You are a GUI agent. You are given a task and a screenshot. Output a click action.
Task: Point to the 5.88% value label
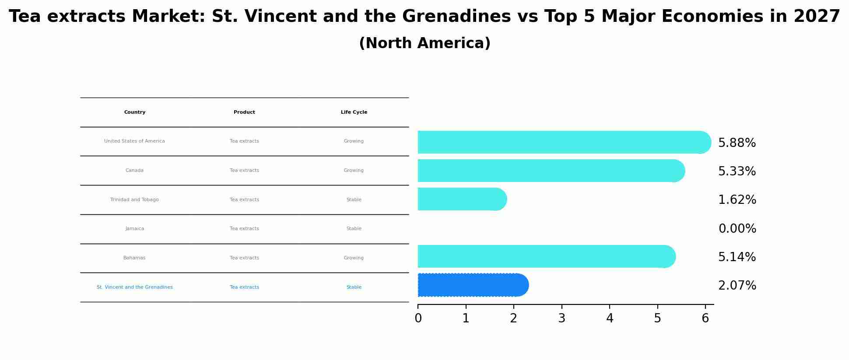(x=737, y=143)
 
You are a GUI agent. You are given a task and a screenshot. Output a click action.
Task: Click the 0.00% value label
(x=737, y=229)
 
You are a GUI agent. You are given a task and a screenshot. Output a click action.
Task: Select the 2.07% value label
(x=737, y=286)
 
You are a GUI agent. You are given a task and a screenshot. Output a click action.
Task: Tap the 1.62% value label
(x=737, y=200)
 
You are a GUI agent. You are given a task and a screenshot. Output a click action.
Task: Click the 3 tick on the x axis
(x=561, y=318)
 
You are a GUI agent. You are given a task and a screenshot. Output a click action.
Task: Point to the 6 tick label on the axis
(x=705, y=318)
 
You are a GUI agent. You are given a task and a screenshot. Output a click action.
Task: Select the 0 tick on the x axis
(x=418, y=318)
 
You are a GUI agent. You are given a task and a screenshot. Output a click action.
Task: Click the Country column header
(x=135, y=112)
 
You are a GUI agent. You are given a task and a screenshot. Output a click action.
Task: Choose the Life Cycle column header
(x=354, y=112)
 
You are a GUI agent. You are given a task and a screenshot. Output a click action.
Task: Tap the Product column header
(x=244, y=112)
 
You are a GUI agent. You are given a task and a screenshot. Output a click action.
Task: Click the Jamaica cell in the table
(x=135, y=229)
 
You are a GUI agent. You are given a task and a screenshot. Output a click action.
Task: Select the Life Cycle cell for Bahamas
(x=354, y=258)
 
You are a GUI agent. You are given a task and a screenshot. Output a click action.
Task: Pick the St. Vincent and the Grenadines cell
(x=135, y=287)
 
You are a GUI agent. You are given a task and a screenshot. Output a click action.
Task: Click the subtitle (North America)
(x=424, y=43)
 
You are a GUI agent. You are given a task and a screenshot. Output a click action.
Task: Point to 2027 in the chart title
(x=817, y=17)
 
